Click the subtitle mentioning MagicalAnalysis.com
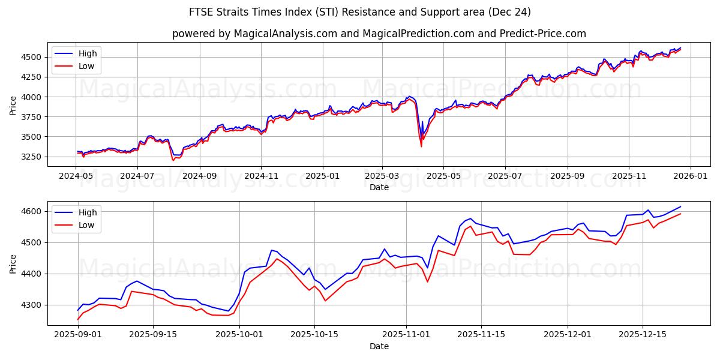click(x=379, y=34)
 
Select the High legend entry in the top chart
click(x=88, y=53)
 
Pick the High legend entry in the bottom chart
click(x=88, y=212)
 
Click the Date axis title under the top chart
click(x=379, y=187)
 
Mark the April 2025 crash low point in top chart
click(x=421, y=146)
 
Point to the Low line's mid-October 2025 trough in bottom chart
click(x=325, y=301)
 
